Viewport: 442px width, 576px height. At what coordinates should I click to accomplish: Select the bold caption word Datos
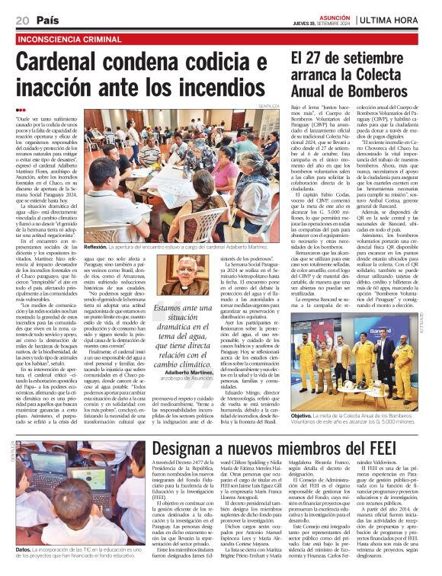[23, 548]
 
